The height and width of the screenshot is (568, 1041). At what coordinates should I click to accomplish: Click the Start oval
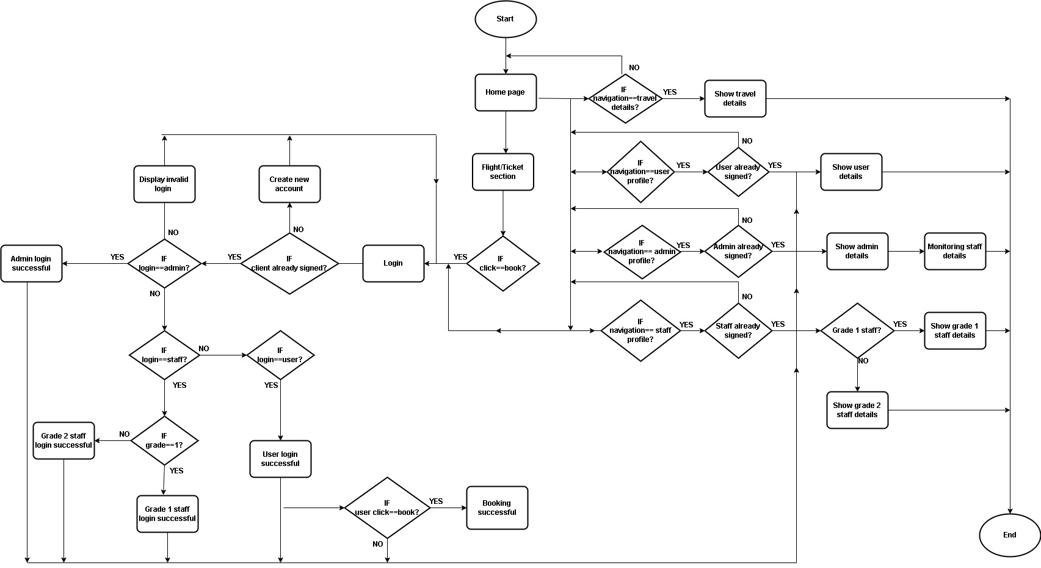point(506,19)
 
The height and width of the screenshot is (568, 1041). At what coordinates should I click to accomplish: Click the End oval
point(1009,535)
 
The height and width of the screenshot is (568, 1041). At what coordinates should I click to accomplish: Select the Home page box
point(506,92)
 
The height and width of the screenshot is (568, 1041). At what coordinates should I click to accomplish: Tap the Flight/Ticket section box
point(503,172)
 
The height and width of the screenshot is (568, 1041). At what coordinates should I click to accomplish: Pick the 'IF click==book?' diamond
point(502,263)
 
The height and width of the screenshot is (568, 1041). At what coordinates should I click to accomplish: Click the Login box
point(393,263)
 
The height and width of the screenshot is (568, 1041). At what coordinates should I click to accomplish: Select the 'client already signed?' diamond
point(289,263)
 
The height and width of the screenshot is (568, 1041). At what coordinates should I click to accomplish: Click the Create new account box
point(289,184)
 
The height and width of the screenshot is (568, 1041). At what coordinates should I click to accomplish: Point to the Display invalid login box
point(164,184)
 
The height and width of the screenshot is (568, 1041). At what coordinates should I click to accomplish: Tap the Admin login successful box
point(31,263)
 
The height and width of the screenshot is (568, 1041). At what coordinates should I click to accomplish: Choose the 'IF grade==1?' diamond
point(164,440)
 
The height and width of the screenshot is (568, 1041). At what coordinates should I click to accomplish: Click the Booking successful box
point(497,508)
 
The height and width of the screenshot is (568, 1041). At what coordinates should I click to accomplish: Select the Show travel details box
point(735,98)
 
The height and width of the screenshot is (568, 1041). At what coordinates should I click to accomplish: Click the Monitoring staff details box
point(954,251)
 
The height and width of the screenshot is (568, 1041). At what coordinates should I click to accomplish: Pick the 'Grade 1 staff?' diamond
point(857,330)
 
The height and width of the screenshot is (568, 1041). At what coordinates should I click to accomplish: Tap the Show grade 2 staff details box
point(857,410)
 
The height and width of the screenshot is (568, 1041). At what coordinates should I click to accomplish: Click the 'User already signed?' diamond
point(738,172)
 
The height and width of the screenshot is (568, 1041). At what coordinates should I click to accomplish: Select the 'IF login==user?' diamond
point(280,355)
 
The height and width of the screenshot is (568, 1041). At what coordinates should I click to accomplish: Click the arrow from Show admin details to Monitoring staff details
point(906,251)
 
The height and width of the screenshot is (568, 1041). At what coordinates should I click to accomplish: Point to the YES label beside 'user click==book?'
point(436,501)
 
